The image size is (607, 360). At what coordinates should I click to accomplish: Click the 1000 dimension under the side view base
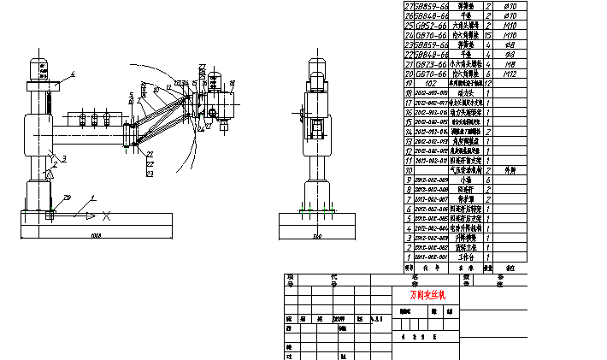pos(95,234)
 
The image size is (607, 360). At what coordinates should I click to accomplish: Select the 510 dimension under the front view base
pos(317,234)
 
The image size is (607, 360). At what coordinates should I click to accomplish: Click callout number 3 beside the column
pos(63,158)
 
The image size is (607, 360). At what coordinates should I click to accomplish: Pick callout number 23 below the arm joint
pos(150,174)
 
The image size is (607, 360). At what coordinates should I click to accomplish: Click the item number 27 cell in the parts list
pos(408,5)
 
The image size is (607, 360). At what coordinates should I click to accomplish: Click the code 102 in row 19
pos(431,84)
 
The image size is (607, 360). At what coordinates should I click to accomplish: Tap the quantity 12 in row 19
pos(488,84)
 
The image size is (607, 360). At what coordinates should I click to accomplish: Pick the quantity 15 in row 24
pos(488,35)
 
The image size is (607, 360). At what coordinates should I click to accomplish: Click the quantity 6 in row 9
pos(488,180)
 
